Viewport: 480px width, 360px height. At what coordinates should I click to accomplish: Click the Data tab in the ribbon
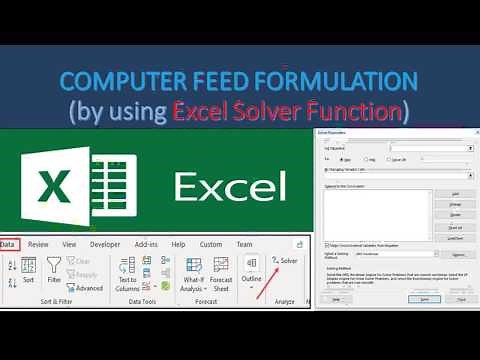[8, 244]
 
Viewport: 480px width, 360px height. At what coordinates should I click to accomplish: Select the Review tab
[38, 244]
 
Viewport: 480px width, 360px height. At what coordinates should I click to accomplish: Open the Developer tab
[105, 244]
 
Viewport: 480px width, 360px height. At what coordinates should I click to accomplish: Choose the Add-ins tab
[146, 244]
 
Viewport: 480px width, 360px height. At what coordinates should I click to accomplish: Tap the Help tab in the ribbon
[178, 244]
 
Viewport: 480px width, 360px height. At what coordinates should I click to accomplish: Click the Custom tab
[210, 244]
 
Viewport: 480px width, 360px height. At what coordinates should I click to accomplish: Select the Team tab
[244, 244]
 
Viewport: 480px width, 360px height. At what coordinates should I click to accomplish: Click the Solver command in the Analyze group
[285, 261]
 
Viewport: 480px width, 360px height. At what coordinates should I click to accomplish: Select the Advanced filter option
[88, 288]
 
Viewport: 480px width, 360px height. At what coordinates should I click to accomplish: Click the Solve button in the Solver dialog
[424, 298]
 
